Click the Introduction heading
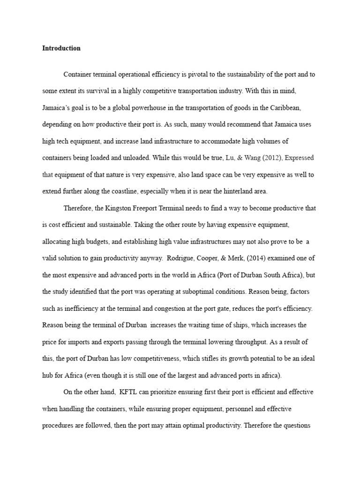tap(61, 48)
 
